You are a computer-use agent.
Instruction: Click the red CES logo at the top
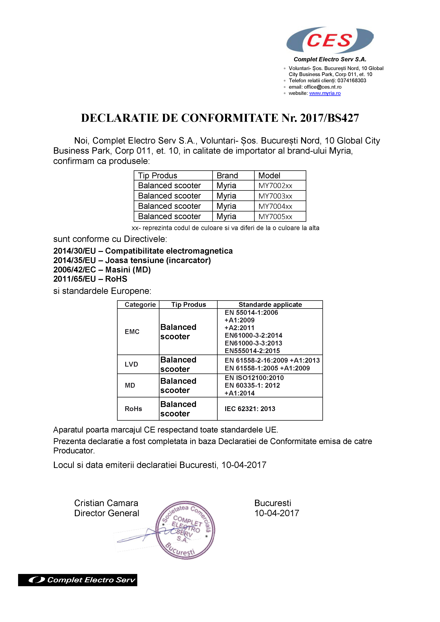[x=329, y=40]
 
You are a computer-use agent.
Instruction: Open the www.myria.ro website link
[x=325, y=93]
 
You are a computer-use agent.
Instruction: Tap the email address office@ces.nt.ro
[x=323, y=87]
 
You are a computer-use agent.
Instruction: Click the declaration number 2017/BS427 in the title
[x=329, y=118]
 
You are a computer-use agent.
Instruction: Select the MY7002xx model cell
[x=275, y=186]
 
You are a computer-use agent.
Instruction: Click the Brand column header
[x=227, y=175]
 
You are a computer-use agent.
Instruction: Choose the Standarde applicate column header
[x=270, y=305]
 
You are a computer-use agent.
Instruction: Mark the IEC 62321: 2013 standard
[x=250, y=409]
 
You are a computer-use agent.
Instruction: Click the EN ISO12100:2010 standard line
[x=254, y=378]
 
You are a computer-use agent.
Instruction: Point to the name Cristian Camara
[x=106, y=503]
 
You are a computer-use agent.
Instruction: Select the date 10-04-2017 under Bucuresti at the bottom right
[x=276, y=513]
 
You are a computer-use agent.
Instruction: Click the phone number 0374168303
[x=352, y=80]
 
